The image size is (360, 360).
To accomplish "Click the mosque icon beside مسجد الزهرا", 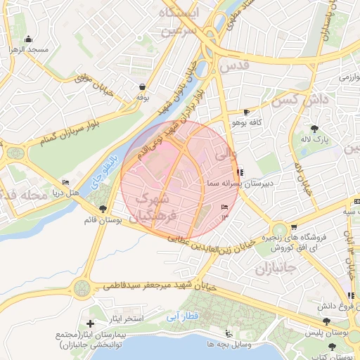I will (27, 39).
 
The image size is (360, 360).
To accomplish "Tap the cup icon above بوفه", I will (143, 86).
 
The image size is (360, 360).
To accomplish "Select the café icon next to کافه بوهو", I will (246, 112).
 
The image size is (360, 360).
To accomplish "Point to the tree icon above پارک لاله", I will (314, 129).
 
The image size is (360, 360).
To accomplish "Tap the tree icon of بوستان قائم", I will (103, 209).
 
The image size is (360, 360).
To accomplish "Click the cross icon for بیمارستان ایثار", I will (90, 323).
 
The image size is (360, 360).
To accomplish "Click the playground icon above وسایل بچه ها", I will (227, 334).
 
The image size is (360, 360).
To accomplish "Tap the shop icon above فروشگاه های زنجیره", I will (294, 226).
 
